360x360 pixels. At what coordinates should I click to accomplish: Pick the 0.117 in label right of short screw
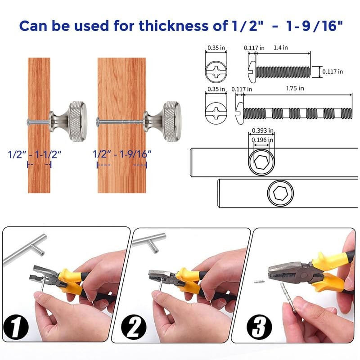[x=333, y=71]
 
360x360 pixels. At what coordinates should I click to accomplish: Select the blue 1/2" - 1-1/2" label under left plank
[x=35, y=154]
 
